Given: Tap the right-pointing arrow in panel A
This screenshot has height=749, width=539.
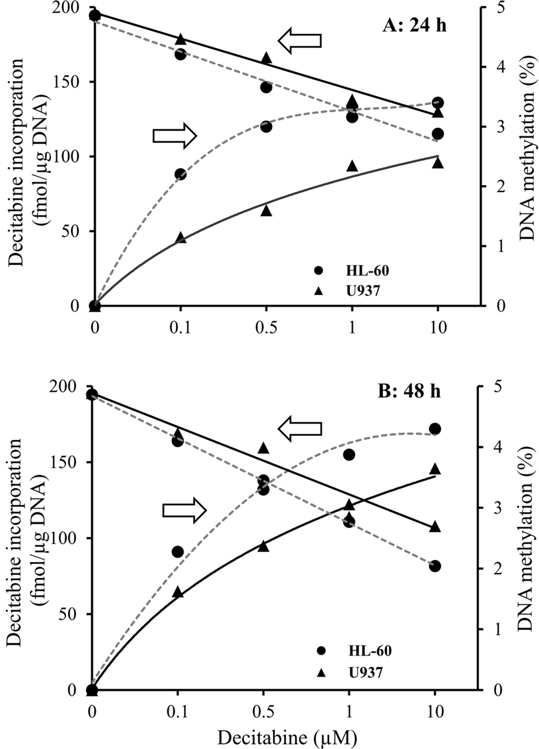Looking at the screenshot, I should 175,135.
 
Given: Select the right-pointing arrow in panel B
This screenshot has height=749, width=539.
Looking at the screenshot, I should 184,510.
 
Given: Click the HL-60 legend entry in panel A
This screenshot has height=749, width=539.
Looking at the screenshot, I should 357,270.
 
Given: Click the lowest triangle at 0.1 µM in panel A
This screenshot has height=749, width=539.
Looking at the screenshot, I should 180,238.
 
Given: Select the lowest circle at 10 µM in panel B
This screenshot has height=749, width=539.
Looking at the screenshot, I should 435,567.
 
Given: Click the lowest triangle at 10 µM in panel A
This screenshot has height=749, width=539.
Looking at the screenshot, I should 437,163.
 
